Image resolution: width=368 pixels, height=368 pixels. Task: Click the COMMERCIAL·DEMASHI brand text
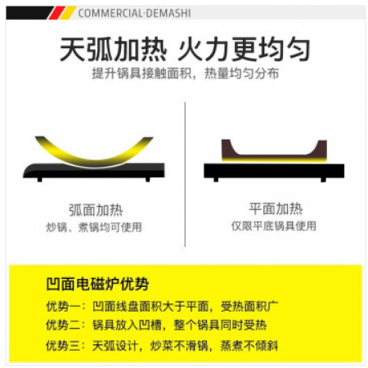pyautogui.click(x=134, y=13)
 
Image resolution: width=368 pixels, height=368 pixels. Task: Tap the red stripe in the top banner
pyautogui.click(x=56, y=13)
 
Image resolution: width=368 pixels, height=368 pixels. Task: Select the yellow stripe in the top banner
pyautogui.click(x=68, y=13)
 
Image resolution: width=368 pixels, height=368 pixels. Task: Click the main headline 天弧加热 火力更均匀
pyautogui.click(x=185, y=49)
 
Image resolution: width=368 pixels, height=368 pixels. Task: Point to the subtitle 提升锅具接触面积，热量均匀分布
pyautogui.click(x=186, y=73)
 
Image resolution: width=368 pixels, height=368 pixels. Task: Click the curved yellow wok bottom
pyautogui.click(x=94, y=157)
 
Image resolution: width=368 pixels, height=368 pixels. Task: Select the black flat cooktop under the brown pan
pyautogui.click(x=274, y=171)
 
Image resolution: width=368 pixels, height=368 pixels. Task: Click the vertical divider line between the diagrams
pyautogui.click(x=185, y=174)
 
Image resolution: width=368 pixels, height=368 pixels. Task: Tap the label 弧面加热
pyautogui.click(x=96, y=210)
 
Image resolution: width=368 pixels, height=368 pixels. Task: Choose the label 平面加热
pyautogui.click(x=276, y=209)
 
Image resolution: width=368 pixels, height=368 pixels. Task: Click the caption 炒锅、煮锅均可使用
pyautogui.click(x=94, y=227)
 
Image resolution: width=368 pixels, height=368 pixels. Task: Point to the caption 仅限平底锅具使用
pyautogui.click(x=274, y=226)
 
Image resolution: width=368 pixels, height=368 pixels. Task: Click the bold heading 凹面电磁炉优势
pyautogui.click(x=97, y=284)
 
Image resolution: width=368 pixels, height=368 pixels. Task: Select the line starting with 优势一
pyautogui.click(x=163, y=307)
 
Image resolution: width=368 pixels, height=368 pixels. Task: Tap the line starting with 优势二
pyautogui.click(x=156, y=325)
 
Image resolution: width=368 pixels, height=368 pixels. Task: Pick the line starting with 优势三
pyautogui.click(x=162, y=346)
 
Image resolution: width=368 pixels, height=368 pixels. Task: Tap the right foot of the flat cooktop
pyautogui.click(x=323, y=180)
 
